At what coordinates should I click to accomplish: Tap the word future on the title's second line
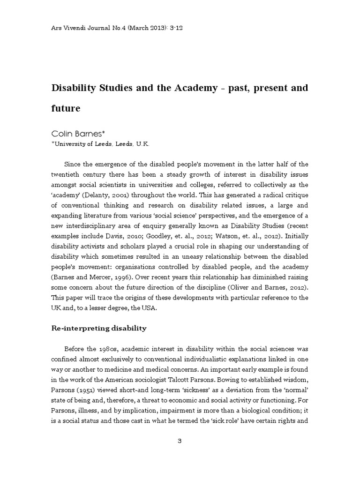(x=66, y=109)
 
